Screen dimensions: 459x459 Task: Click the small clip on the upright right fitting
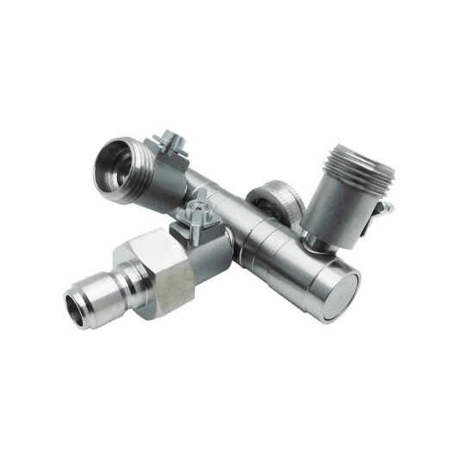pyautogui.click(x=385, y=208)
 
